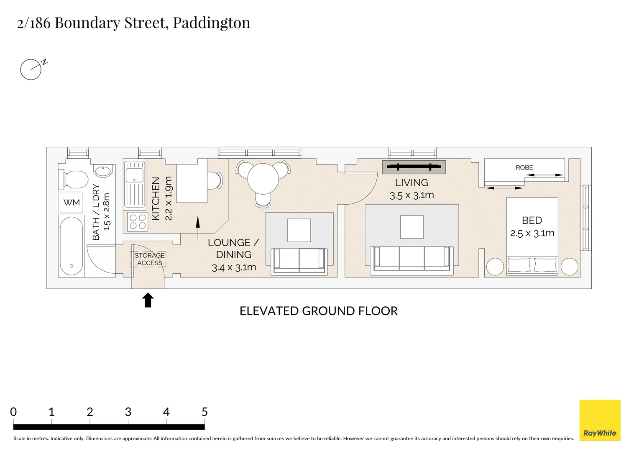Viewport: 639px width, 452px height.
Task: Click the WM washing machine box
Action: point(72,203)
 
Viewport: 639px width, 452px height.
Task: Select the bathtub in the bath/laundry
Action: point(72,246)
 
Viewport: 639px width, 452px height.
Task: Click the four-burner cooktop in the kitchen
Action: point(138,221)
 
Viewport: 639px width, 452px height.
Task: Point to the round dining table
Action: point(263,179)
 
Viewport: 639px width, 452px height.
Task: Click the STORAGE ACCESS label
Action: point(149,259)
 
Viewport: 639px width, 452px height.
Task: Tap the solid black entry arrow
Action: point(148,300)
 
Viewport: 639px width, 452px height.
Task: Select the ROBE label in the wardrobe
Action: point(524,167)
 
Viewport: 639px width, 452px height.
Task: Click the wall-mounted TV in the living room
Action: point(414,167)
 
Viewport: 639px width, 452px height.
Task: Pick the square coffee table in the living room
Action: point(412,227)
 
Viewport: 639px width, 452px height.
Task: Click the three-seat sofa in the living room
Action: point(412,261)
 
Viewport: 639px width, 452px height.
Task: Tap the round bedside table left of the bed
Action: point(495,267)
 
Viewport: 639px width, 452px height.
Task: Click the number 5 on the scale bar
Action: point(204,412)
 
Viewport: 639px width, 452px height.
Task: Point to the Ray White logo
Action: point(600,420)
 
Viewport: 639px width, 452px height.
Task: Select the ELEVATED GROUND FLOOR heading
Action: point(318,311)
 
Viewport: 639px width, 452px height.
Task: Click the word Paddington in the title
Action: point(211,23)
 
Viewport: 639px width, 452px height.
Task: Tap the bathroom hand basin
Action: point(103,171)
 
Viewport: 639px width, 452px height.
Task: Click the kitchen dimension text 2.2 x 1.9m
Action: point(168,198)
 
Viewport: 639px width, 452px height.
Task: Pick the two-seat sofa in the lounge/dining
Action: point(299,261)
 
